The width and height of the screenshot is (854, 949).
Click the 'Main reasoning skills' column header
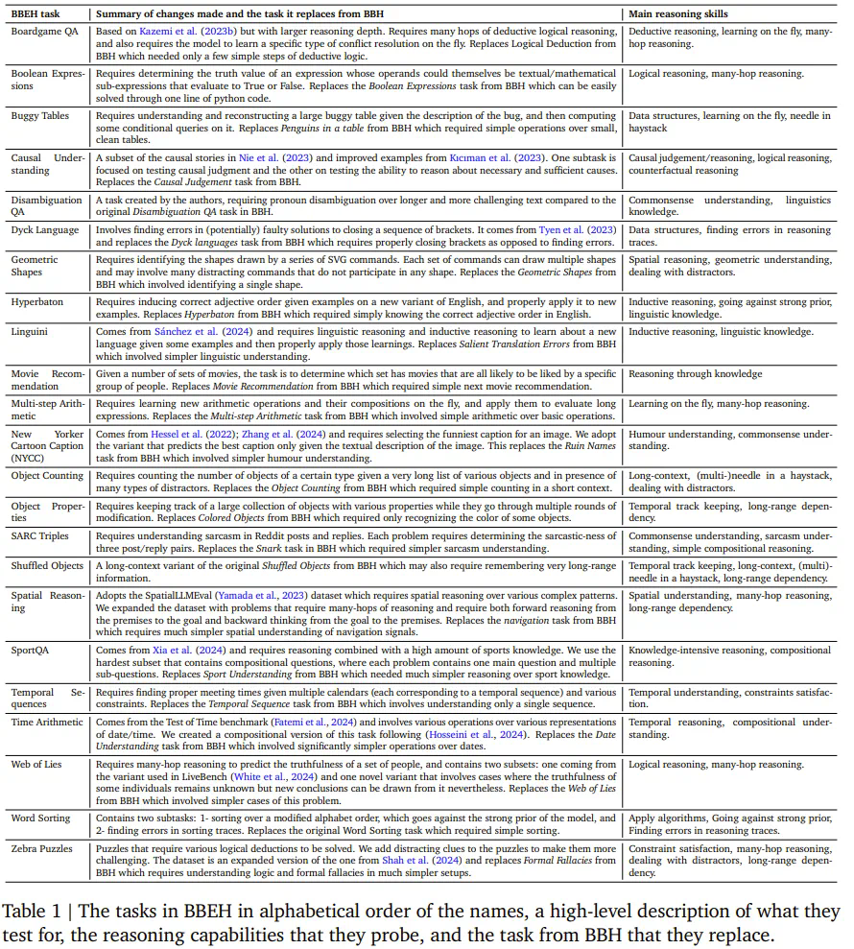point(677,14)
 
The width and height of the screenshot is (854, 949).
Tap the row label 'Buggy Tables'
point(40,115)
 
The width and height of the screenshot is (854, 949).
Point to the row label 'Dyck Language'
point(44,230)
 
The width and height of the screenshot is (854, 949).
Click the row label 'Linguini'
point(31,332)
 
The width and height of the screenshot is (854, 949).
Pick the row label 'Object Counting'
point(47,475)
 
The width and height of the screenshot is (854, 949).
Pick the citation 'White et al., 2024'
point(275,777)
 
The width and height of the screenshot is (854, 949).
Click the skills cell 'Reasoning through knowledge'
point(695,374)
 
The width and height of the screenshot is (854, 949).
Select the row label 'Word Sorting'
point(41,819)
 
